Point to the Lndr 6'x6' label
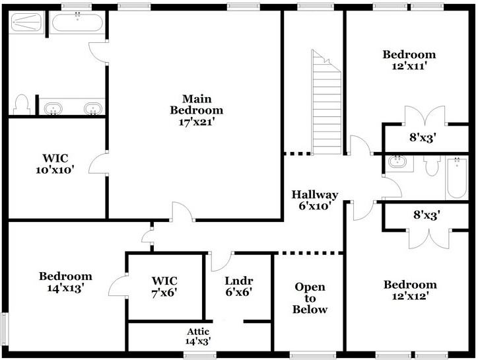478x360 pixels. click(238, 285)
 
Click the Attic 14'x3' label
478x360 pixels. click(198, 336)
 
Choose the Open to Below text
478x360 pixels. click(310, 298)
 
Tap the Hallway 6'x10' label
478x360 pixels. click(315, 200)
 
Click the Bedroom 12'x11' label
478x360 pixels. click(409, 60)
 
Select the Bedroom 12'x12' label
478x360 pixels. click(409, 291)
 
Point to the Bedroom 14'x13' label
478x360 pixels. click(65, 282)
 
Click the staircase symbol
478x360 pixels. click(327, 102)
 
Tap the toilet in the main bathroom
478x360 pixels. click(20, 104)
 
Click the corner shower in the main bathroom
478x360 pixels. click(27, 24)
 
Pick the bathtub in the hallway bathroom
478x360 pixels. click(457, 177)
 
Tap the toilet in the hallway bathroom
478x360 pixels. click(432, 164)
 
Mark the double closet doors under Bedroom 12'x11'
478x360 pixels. click(426, 116)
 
